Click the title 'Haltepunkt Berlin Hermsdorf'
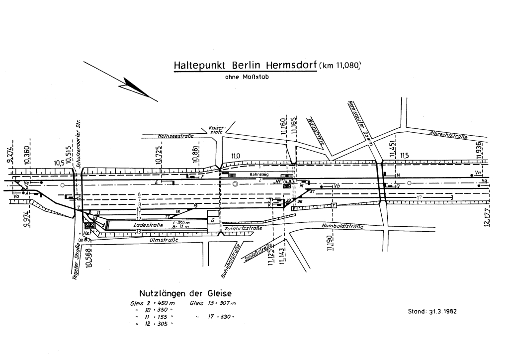click(x=245, y=66)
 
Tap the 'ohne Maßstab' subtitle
click(x=247, y=77)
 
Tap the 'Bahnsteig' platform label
click(x=258, y=175)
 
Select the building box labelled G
click(x=213, y=219)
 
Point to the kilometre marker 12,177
click(x=486, y=217)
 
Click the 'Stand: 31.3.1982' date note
click(x=431, y=312)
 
